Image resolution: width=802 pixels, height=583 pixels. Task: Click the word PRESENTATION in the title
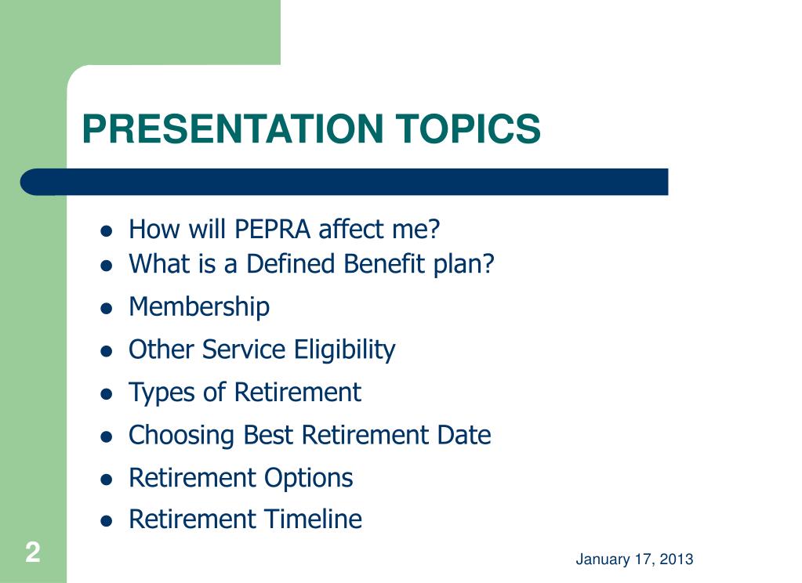[233, 129]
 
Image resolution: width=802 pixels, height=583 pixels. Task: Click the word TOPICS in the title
[468, 129]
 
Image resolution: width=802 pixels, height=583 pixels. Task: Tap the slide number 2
[33, 552]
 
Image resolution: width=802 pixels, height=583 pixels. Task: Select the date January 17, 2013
[634, 559]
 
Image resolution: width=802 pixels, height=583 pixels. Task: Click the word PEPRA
[272, 229]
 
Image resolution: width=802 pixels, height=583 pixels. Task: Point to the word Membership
[199, 307]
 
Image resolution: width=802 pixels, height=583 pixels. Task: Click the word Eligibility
[344, 350]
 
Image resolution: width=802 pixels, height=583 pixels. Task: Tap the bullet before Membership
[107, 309]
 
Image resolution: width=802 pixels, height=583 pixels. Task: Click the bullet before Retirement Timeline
[107, 521]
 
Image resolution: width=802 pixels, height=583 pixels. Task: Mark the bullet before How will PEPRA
[107, 231]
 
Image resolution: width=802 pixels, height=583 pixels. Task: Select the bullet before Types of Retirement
[107, 394]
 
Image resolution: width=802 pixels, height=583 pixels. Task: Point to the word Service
[244, 349]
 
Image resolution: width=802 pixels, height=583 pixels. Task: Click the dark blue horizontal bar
[344, 182]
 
